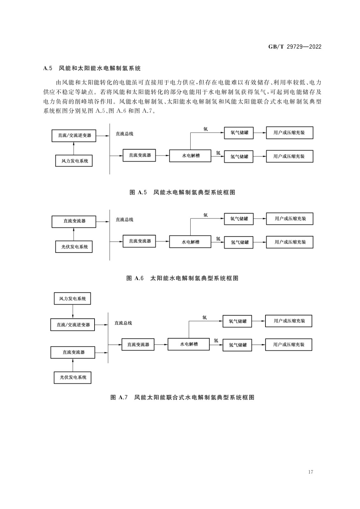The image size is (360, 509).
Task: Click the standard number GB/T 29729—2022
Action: pyautogui.click(x=295, y=47)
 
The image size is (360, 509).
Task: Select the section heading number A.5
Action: pyautogui.click(x=48, y=68)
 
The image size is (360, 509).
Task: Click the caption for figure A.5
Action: pyautogui.click(x=182, y=192)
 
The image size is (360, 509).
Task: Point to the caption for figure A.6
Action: pyautogui.click(x=182, y=278)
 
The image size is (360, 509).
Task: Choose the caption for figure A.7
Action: pyautogui.click(x=182, y=397)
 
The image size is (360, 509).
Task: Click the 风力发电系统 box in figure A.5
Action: pyautogui.click(x=74, y=161)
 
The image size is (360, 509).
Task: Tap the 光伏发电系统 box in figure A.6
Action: pyautogui.click(x=74, y=247)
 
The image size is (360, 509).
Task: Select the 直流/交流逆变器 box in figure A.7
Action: pyautogui.click(x=73, y=325)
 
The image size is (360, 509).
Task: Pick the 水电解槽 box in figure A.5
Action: pyautogui.click(x=190, y=156)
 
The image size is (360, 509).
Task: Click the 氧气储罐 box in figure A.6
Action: pyautogui.click(x=239, y=219)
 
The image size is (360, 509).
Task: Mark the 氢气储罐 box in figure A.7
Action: pyautogui.click(x=237, y=345)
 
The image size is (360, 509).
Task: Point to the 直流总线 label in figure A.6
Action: pyautogui.click(x=124, y=220)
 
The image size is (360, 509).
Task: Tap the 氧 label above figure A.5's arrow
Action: pyautogui.click(x=206, y=129)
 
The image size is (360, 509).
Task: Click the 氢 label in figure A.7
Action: pyautogui.click(x=216, y=340)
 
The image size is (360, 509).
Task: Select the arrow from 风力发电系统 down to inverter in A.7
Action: pyautogui.click(x=73, y=311)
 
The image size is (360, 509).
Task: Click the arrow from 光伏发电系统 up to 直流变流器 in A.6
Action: pyautogui.click(x=74, y=234)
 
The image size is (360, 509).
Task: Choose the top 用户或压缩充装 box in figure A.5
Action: pyautogui.click(x=290, y=133)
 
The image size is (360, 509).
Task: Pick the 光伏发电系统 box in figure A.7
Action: pyautogui.click(x=73, y=378)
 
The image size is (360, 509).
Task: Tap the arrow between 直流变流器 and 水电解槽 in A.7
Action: pyautogui.click(x=161, y=345)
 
